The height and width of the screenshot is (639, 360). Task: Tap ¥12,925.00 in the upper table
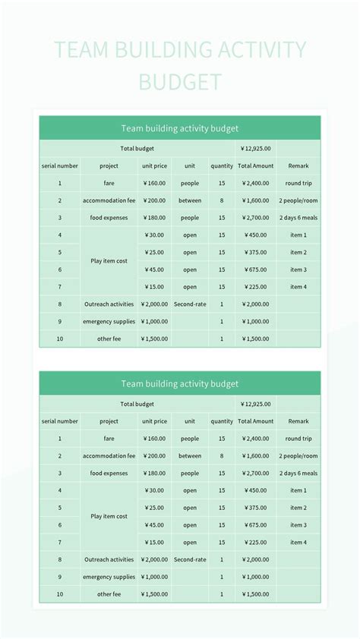(x=255, y=149)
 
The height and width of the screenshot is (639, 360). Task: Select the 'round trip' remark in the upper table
(x=298, y=183)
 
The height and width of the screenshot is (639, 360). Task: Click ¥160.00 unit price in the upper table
(x=154, y=183)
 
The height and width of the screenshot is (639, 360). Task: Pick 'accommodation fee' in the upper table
(x=109, y=200)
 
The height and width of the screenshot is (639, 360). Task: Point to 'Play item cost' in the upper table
(x=109, y=261)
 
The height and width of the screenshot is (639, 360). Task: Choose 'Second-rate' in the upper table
(x=190, y=304)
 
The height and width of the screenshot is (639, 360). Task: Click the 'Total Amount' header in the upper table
(x=255, y=165)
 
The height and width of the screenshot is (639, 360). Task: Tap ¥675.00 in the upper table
(x=255, y=269)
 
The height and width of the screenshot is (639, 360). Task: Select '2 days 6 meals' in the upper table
(x=298, y=218)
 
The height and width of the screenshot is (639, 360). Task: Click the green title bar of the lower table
(x=180, y=384)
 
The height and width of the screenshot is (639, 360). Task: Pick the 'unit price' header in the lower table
(x=154, y=421)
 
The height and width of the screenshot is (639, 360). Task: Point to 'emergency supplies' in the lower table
(x=109, y=577)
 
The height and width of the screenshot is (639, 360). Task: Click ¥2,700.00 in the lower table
(x=255, y=473)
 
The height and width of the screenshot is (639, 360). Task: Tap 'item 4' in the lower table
(x=298, y=543)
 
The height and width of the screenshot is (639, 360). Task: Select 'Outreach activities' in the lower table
(x=109, y=559)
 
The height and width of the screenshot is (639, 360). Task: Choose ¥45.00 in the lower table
(x=154, y=525)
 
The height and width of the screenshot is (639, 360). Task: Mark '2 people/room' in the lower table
(x=298, y=456)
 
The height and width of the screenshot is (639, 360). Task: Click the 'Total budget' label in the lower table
(x=137, y=404)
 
